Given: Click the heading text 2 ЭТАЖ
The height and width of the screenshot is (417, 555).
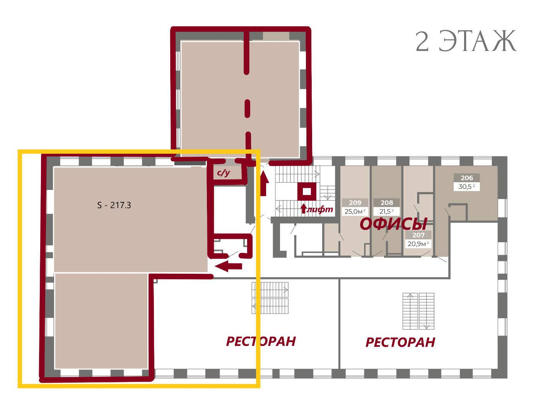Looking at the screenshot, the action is coord(466,41).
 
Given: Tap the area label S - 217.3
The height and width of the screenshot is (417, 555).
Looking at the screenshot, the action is coord(114,205).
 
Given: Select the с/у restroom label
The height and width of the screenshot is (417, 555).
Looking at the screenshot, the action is coord(224,173).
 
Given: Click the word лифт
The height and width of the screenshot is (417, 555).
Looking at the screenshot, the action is coord(320,209).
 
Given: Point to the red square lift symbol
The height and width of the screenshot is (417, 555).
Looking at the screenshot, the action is coord(307,192).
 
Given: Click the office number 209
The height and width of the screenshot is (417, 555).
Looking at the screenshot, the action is coord(355,202).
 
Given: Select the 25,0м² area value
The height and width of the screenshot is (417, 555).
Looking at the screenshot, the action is coord(355,211).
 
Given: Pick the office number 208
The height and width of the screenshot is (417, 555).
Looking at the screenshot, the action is coord(387,202).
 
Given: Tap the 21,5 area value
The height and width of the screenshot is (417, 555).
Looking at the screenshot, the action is coord(387,211).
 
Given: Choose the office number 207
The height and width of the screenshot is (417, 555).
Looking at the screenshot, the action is coord(418,235).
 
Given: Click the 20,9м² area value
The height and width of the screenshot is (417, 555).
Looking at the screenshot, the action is coord(418,244).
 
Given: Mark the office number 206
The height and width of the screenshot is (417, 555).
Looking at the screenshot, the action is coord(467,178).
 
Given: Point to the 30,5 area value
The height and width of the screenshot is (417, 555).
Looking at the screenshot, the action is coord(467,186).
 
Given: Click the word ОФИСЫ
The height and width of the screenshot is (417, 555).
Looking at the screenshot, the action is coord(393,224).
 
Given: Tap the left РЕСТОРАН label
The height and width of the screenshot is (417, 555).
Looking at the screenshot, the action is coord(261,341).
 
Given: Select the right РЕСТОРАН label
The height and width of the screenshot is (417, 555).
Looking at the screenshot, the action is coord(400,342).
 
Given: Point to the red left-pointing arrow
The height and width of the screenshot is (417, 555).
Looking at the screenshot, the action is coord(228,266).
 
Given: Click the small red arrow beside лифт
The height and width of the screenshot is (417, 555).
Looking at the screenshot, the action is coord(304,209).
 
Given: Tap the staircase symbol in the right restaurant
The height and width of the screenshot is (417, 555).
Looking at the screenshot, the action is coord(418,311).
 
